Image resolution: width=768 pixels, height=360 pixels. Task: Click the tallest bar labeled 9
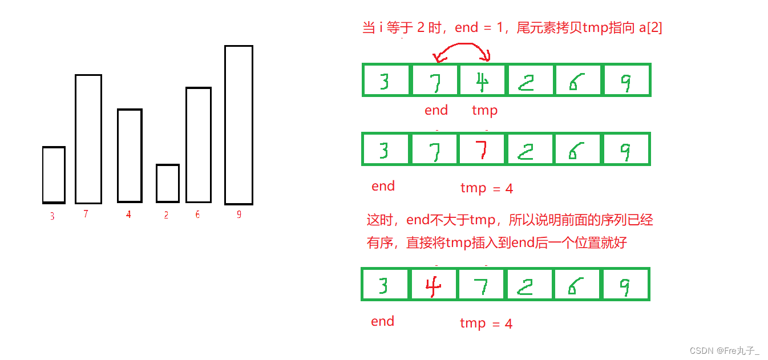tap(239, 124)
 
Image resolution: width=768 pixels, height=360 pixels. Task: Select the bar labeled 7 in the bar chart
tap(88, 139)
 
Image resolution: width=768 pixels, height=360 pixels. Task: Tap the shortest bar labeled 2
tap(168, 183)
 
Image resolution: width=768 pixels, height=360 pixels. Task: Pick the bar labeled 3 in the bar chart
tap(54, 175)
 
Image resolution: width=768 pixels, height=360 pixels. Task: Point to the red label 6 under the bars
tap(197, 215)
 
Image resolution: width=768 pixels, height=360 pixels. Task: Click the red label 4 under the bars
tap(128, 215)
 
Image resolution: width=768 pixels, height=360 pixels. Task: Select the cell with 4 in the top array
tap(483, 80)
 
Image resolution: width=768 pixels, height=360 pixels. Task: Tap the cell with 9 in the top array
tap(626, 80)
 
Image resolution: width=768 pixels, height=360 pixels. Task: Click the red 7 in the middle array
tap(483, 149)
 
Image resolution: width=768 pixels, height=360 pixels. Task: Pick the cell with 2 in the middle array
tap(530, 149)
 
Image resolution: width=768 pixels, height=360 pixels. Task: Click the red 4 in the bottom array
tap(434, 284)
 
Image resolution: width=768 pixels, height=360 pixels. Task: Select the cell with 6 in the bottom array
tap(577, 284)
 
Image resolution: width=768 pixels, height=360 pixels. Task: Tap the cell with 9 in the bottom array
tap(626, 284)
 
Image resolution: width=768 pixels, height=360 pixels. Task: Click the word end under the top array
tap(436, 110)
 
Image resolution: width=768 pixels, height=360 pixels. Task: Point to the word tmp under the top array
tap(485, 111)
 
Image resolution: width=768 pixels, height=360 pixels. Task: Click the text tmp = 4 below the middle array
tap(487, 188)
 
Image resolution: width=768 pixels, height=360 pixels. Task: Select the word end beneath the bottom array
tap(382, 321)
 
